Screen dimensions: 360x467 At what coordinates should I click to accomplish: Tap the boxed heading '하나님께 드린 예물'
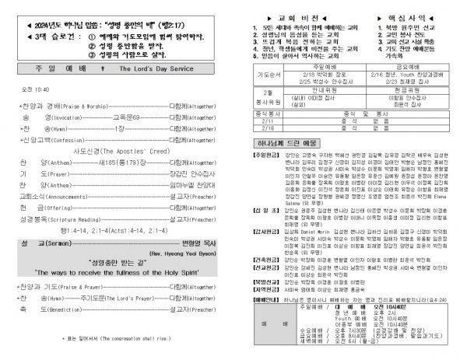[x=287, y=166]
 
